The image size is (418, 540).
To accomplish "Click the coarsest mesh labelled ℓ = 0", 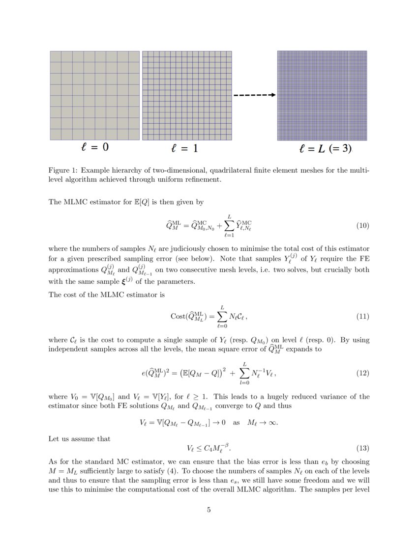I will (94, 96).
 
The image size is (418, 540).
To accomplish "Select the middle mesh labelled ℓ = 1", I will (187, 96).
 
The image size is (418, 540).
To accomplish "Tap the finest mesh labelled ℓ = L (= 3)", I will (322, 96).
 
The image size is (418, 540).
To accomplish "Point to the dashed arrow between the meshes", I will (254, 95).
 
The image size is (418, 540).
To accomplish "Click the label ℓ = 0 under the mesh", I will (94, 147).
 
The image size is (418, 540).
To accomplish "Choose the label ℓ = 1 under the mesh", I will (184, 148).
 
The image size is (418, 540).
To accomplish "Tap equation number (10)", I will (362, 226).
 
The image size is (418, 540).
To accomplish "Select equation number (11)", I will (362, 316).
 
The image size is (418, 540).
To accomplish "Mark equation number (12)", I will (362, 373).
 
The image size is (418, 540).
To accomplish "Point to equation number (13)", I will (362, 448).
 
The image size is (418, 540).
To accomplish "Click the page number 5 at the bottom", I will (209, 510).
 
